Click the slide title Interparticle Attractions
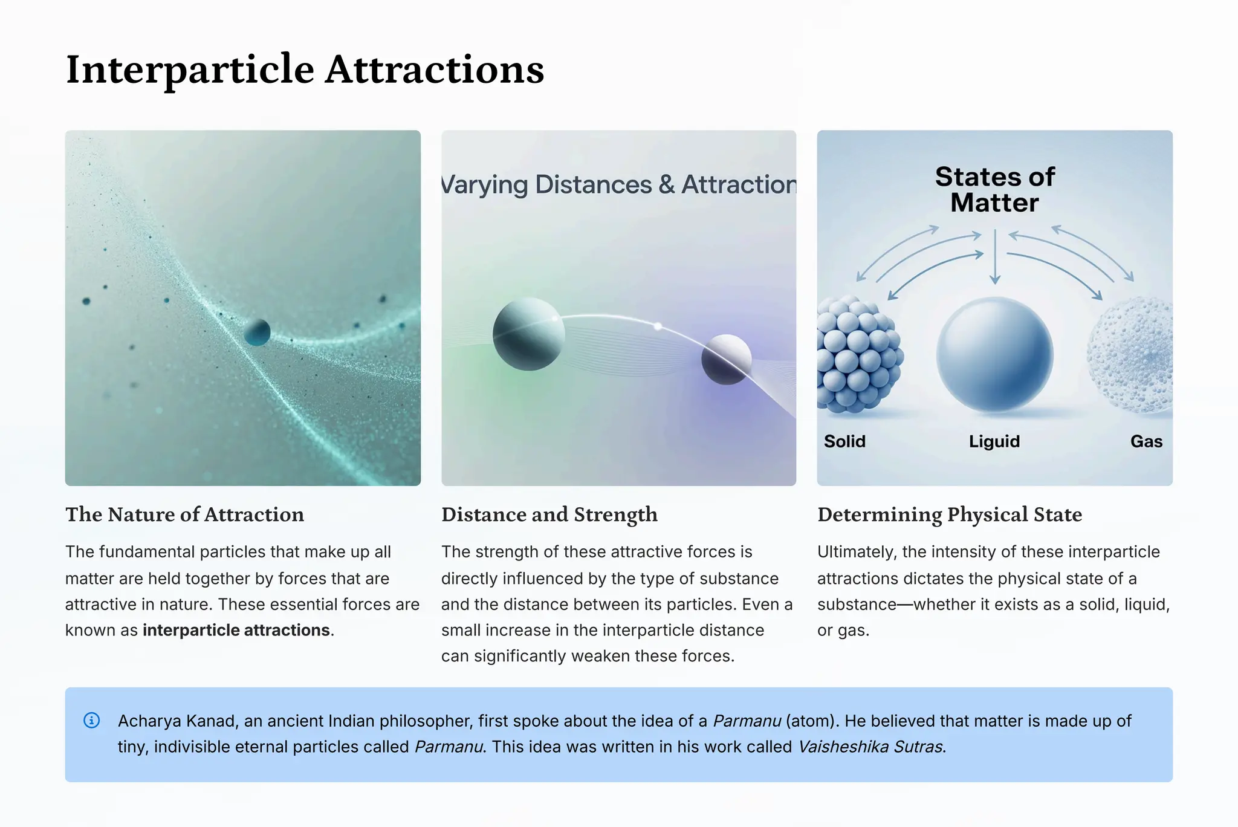[x=305, y=70]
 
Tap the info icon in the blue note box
[x=91, y=720]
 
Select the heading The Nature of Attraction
[x=184, y=514]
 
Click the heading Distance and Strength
[x=549, y=514]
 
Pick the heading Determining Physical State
[x=949, y=514]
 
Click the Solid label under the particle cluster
[x=844, y=441]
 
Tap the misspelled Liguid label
[x=994, y=441]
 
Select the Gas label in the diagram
[x=1146, y=441]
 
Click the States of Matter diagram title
[x=994, y=189]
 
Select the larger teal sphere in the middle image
[x=528, y=334]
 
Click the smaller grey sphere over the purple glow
[x=726, y=360]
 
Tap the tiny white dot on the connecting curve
[x=658, y=326]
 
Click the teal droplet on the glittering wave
[x=257, y=332]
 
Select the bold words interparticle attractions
[x=236, y=630]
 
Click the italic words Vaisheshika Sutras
[x=870, y=747]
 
